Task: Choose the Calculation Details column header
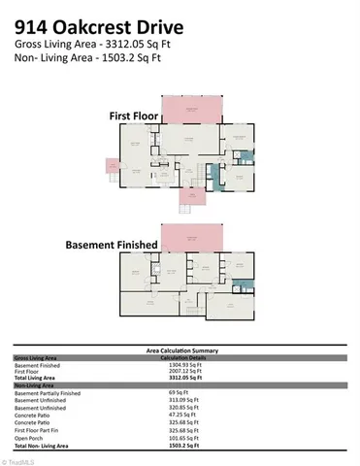(x=180, y=356)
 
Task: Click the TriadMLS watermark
(x=18, y=460)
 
